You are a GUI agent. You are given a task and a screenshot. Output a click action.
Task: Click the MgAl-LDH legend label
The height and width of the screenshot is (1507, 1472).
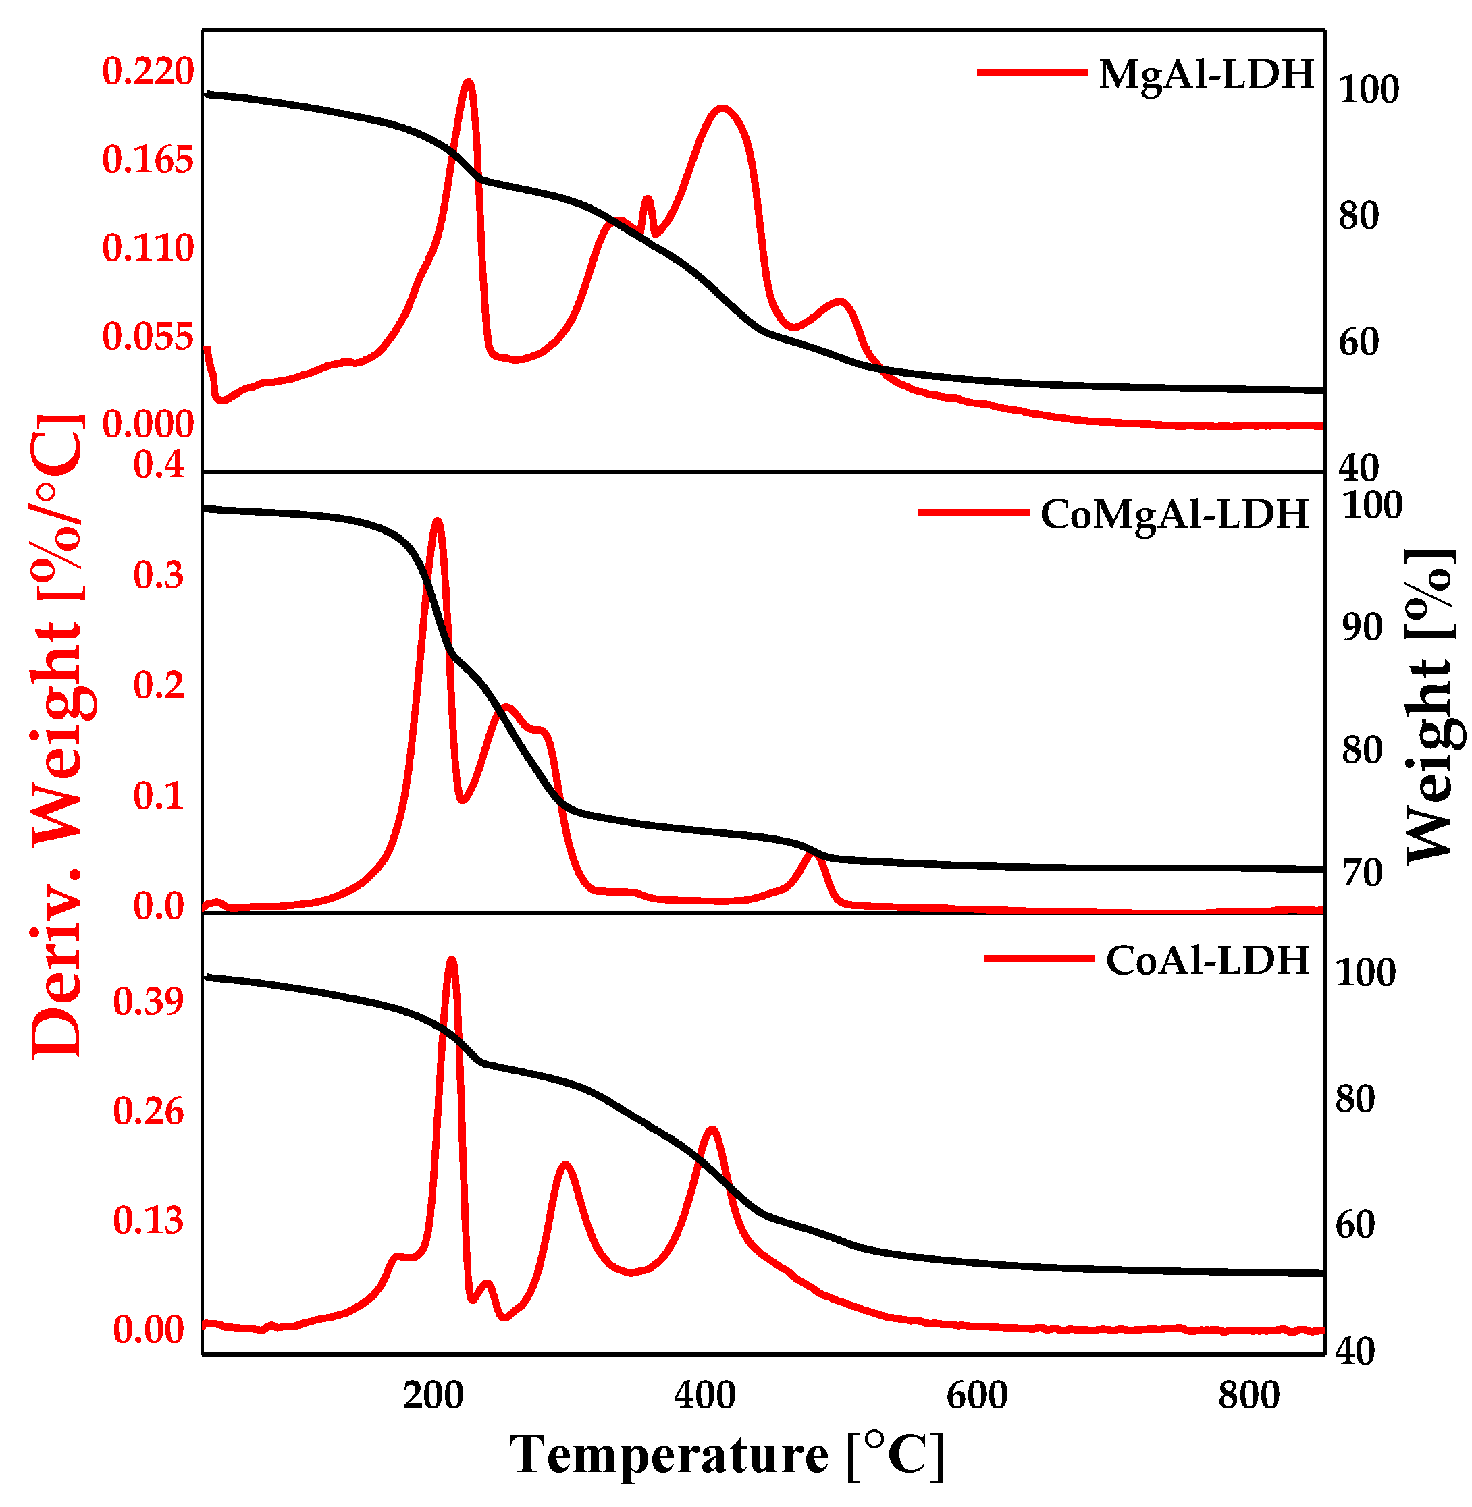tap(1207, 75)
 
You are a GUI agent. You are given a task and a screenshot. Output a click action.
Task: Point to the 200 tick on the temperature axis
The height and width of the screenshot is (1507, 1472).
tap(433, 1396)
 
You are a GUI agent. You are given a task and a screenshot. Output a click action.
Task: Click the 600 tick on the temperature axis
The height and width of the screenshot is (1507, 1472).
tap(978, 1396)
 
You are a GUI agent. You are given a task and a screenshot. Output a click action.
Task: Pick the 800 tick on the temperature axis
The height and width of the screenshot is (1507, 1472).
tap(1250, 1396)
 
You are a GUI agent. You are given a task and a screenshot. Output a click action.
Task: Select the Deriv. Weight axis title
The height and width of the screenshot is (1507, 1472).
tap(57, 734)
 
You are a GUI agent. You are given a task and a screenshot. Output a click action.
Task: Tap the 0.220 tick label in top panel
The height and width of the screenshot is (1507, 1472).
tap(149, 72)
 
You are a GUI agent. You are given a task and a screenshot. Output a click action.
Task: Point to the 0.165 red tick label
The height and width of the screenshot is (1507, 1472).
tap(149, 160)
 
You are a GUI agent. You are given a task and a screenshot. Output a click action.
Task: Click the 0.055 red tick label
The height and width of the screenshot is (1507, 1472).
tap(149, 337)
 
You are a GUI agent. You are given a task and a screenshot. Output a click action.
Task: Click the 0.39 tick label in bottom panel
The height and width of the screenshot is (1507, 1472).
tap(149, 1002)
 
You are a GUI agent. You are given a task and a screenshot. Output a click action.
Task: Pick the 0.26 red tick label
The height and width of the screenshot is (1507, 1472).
tap(149, 1112)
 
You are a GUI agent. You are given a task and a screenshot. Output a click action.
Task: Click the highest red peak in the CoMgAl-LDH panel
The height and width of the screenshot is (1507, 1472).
tap(438, 521)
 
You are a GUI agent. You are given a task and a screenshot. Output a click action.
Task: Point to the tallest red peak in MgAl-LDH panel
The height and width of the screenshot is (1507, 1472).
tap(468, 81)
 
